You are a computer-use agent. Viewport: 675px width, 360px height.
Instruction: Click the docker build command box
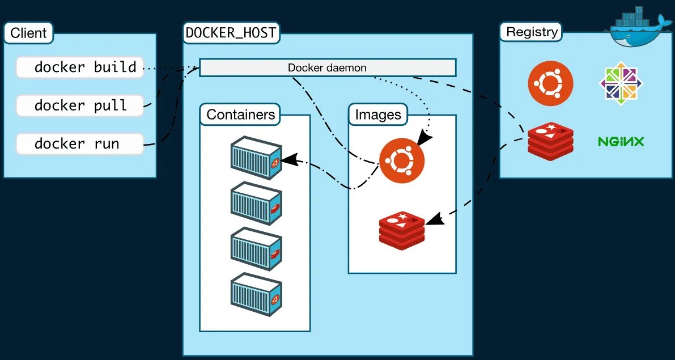79,67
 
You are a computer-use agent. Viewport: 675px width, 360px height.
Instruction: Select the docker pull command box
79,105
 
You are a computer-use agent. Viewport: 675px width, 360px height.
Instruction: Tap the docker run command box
79,143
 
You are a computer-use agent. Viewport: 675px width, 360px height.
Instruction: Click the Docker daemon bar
327,67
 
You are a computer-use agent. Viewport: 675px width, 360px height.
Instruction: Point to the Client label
28,33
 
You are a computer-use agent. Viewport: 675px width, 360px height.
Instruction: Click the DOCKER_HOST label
231,33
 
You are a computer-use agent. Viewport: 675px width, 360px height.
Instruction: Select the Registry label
531,32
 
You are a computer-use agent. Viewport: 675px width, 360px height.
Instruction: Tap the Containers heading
240,115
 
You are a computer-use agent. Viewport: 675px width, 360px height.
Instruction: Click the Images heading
377,115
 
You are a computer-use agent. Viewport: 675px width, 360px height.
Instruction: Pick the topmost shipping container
256,158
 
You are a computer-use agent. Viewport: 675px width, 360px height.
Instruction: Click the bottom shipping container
256,294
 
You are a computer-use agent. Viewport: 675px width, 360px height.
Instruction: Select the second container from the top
256,203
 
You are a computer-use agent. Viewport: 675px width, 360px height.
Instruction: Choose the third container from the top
256,248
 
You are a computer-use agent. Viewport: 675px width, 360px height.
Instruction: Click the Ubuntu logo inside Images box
402,162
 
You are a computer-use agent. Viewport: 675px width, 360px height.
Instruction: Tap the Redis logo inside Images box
402,230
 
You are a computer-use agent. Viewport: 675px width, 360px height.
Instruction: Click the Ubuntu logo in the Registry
550,84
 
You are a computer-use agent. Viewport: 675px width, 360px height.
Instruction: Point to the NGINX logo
621,141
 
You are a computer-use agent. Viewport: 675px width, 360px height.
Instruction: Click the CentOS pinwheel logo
621,83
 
